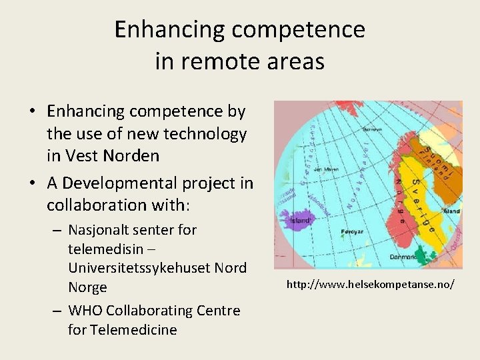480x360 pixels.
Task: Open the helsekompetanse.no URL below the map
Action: point(371,285)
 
